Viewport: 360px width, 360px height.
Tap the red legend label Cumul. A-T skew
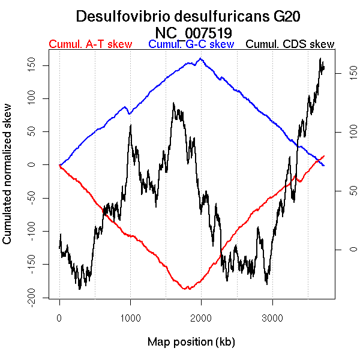coord(90,44)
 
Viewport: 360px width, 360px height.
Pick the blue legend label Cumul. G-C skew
coord(191,44)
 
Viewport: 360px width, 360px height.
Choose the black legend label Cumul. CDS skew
coord(290,44)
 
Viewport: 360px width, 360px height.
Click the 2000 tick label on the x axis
coord(201,318)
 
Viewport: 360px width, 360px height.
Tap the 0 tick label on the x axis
coord(59,318)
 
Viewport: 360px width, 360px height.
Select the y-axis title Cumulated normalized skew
coord(8,181)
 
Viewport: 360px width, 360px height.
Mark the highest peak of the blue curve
coord(200,59)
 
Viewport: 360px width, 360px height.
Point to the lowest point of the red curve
coord(188,289)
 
